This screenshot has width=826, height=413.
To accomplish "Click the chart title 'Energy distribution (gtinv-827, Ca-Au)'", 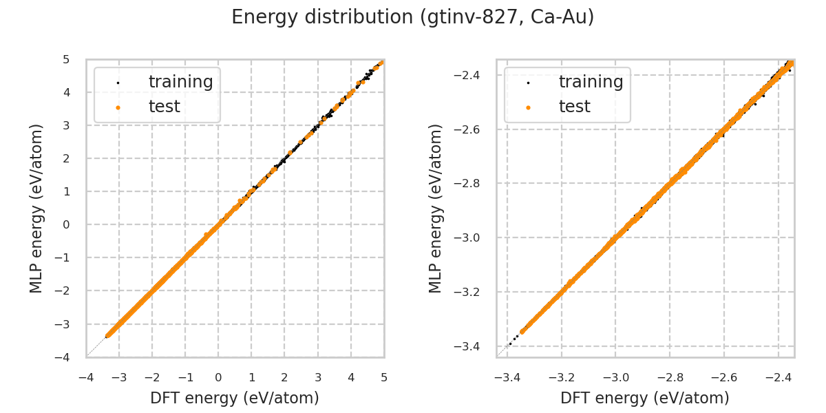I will [x=412, y=17].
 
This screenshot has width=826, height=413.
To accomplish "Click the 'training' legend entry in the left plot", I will [x=180, y=82].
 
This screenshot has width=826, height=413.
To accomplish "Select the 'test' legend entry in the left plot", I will [x=164, y=107].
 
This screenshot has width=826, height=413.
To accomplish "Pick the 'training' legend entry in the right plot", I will [x=591, y=82].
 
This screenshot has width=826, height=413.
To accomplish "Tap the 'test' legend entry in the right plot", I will [x=574, y=107].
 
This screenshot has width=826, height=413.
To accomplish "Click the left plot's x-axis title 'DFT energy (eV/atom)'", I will [x=235, y=398].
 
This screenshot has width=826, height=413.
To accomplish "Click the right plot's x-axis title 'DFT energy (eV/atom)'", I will [x=645, y=398].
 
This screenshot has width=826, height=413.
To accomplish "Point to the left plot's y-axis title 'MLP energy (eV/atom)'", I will [x=36, y=208].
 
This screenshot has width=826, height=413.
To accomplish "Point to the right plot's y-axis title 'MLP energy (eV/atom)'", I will [x=436, y=208].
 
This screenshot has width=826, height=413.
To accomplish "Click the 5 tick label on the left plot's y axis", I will [x=66, y=59].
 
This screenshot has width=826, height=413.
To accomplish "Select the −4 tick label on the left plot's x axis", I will [x=86, y=378].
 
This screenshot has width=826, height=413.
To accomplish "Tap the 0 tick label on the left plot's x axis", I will [x=218, y=378].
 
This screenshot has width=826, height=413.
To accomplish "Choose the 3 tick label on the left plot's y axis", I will [x=66, y=125].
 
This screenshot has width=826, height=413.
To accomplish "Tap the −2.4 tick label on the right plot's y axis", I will [x=472, y=74].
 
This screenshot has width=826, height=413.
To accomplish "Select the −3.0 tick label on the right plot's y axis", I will [x=472, y=237].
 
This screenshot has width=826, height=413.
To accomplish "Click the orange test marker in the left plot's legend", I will [x=118, y=107].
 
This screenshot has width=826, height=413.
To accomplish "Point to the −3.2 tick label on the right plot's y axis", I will [x=472, y=292].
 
